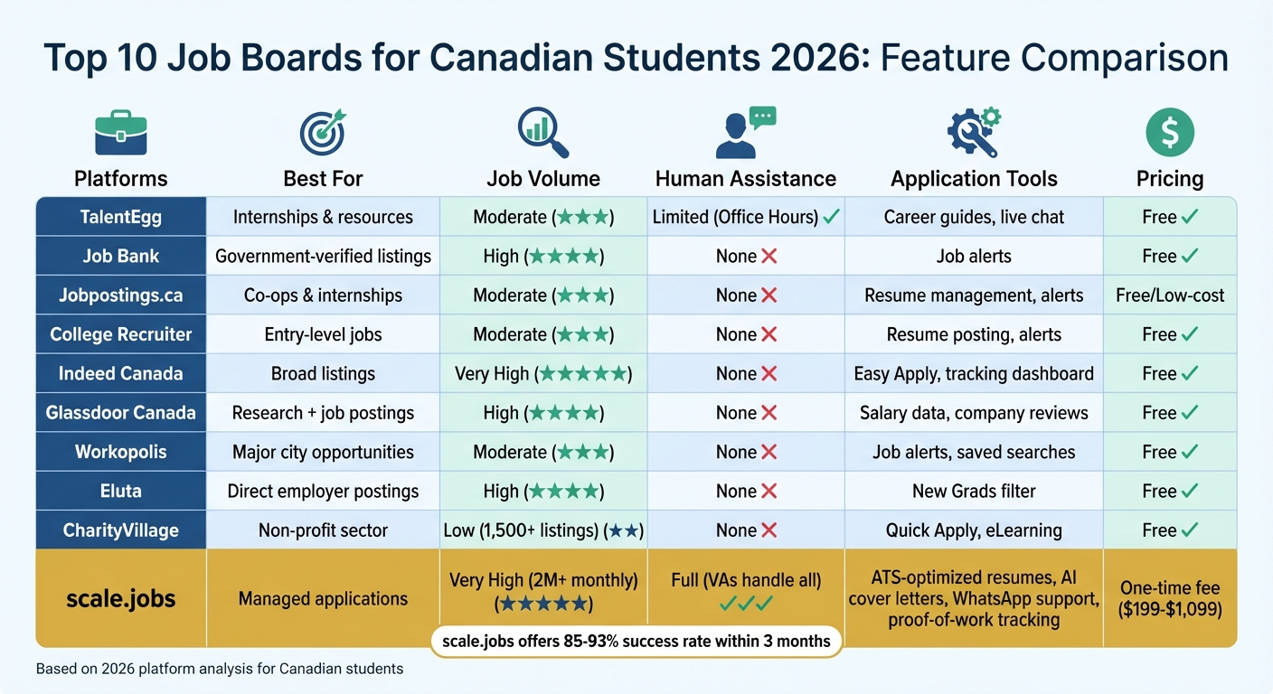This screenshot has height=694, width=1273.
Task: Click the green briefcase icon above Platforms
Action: (x=120, y=133)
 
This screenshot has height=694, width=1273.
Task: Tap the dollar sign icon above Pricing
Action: (x=1169, y=133)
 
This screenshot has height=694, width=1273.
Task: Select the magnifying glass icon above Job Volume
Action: (x=542, y=133)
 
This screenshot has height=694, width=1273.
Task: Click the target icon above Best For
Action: (x=323, y=133)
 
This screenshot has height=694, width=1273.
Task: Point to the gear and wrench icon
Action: (x=974, y=133)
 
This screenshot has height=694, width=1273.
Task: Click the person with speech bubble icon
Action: (x=745, y=133)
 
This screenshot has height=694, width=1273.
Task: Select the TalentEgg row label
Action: (x=121, y=217)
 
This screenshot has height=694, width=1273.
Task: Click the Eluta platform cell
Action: (x=121, y=492)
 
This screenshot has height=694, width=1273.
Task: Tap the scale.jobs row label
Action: (x=121, y=598)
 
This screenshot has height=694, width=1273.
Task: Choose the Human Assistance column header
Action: (x=745, y=179)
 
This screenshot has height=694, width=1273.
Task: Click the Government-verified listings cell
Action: (x=323, y=257)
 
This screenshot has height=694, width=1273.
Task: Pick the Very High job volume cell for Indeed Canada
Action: (x=542, y=374)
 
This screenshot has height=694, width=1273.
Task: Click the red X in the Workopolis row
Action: (x=769, y=453)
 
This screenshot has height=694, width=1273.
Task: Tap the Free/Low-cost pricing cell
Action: (x=1170, y=295)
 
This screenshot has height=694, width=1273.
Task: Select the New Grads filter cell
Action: (x=974, y=492)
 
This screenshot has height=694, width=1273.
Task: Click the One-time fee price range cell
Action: (x=1170, y=598)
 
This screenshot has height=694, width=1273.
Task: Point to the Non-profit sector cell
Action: (x=323, y=530)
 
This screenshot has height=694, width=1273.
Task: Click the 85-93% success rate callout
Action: (x=636, y=642)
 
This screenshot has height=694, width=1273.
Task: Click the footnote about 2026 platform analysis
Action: (x=220, y=670)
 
